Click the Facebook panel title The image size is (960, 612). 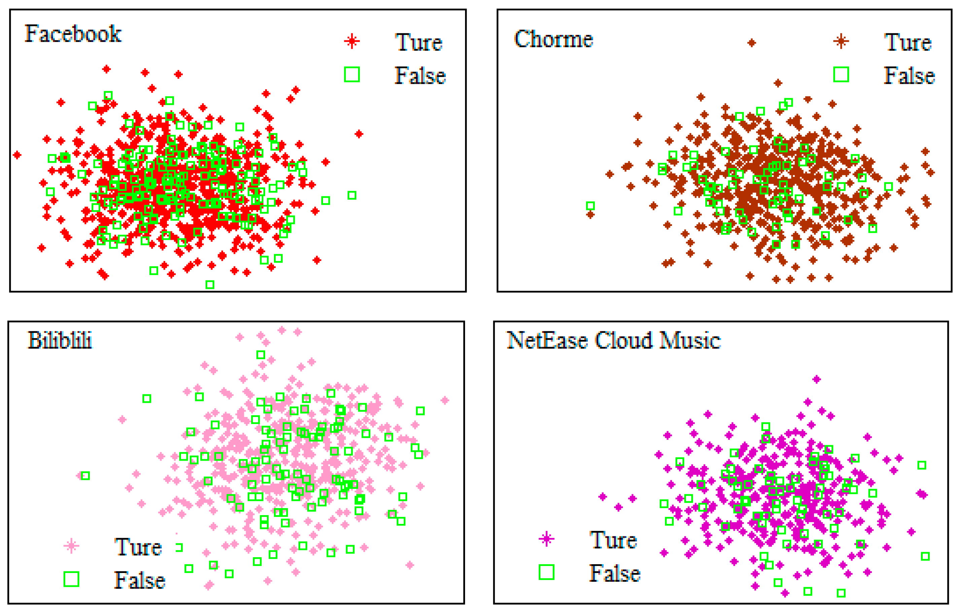73,34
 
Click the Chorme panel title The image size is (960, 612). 554,39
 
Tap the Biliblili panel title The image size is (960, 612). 60,341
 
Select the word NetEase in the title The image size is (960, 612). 547,341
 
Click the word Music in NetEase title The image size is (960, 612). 690,341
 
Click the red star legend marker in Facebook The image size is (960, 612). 352,41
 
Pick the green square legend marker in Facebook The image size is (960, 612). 352,75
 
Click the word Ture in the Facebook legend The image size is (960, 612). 419,43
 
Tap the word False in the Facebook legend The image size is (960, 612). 420,76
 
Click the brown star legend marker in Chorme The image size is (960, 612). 841,41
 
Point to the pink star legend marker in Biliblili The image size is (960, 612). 71,545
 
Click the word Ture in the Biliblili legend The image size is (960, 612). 138,547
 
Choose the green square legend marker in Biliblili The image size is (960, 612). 71,579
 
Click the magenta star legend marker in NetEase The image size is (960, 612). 546,539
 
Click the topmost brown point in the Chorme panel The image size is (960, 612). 751,43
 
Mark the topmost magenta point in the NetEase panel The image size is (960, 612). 816,379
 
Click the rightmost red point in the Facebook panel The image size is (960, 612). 359,134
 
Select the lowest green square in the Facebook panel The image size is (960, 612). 210,284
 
